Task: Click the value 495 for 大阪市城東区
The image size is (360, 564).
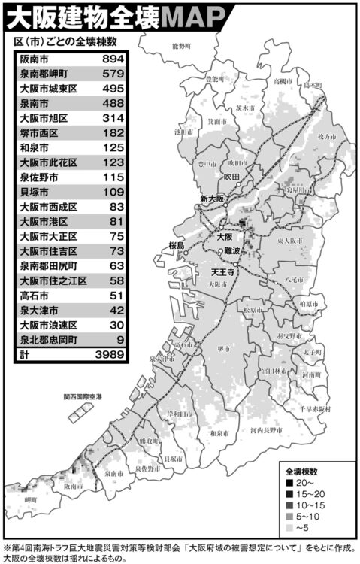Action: (x=112, y=88)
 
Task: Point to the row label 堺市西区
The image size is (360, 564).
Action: (x=40, y=132)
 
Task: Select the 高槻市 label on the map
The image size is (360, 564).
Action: (x=282, y=81)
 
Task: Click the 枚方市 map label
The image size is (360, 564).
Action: (x=326, y=137)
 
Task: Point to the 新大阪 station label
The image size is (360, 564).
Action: (x=213, y=199)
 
